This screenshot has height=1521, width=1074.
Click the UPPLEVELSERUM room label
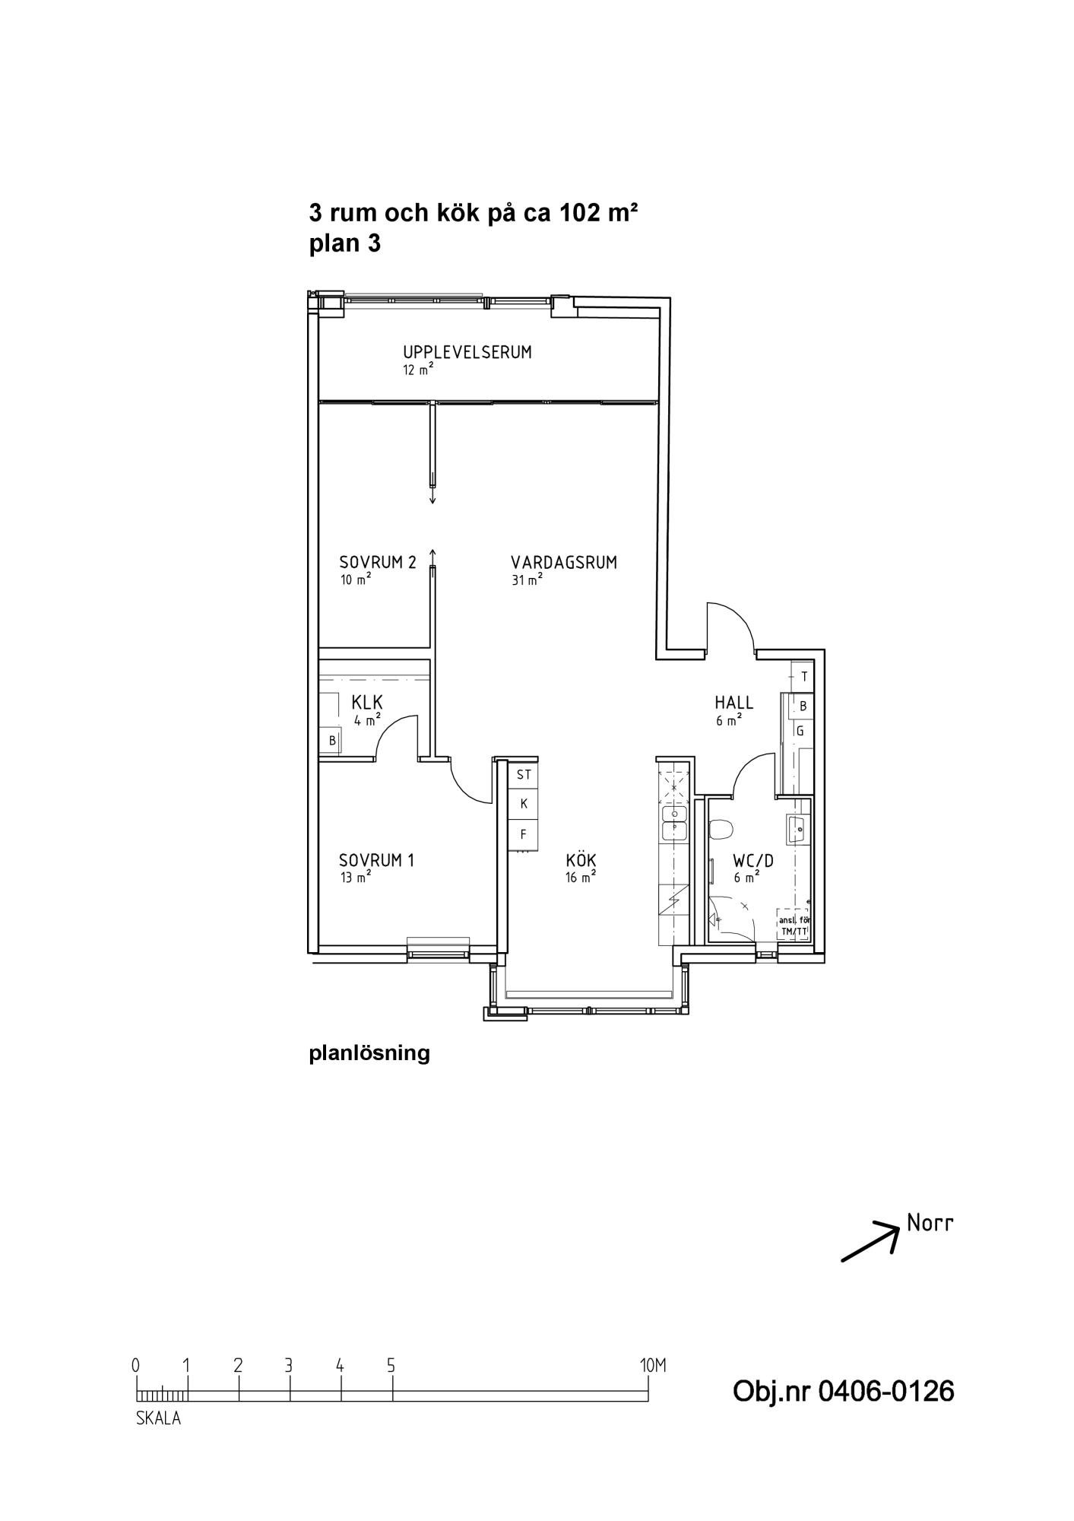467,352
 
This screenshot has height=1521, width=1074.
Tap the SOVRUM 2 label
378,563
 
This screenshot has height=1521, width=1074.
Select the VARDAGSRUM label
564,563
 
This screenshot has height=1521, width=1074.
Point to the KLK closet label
367,701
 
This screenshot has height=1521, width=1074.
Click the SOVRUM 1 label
377,861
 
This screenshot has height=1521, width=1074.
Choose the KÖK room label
581,860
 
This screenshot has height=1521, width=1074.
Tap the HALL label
734,702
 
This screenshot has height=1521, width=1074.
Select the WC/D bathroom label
753,861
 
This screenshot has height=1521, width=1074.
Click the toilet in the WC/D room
720,829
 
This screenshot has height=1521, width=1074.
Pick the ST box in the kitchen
523,775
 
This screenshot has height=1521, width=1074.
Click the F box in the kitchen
523,834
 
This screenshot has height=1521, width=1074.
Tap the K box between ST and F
523,804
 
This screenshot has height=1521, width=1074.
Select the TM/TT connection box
793,926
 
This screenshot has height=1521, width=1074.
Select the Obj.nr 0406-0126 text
843,1391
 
